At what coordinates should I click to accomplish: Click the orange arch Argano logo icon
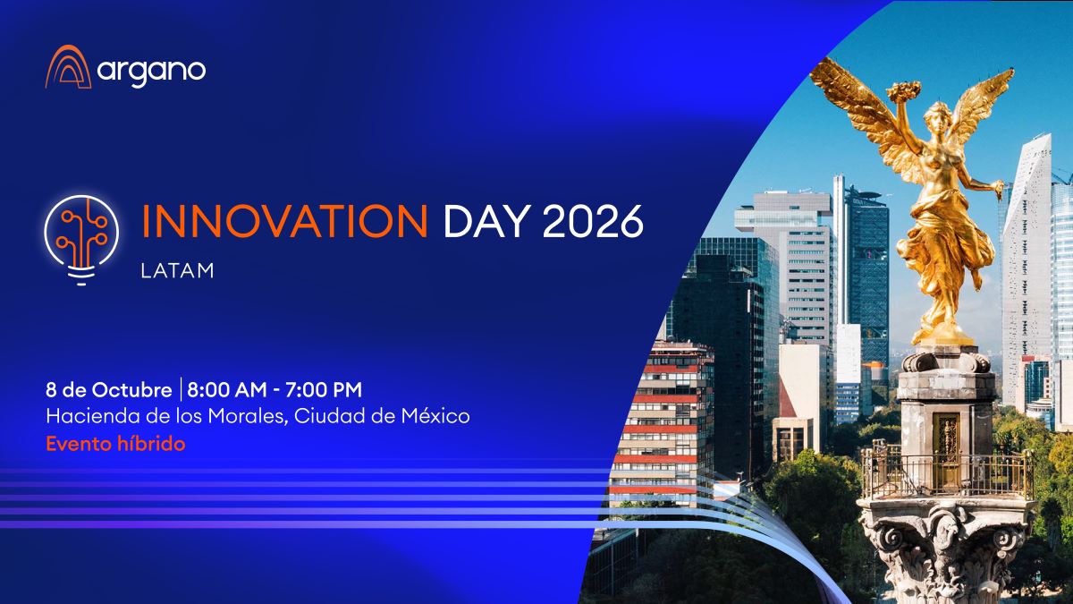[x=69, y=67]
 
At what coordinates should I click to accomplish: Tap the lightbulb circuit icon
[x=81, y=240]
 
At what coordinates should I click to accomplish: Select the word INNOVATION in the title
[x=284, y=221]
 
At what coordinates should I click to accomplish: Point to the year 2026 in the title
[x=593, y=221]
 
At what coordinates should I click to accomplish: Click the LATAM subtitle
[x=177, y=271]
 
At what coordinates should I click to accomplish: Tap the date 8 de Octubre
[x=109, y=390]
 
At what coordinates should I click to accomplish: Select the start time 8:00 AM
[x=226, y=390]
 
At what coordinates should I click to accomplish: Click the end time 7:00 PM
[x=324, y=390]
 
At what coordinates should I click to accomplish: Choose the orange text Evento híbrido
[x=115, y=444]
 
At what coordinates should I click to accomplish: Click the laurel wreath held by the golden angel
[x=903, y=91]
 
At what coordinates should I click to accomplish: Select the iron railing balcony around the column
[x=946, y=472]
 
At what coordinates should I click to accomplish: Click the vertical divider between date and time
[x=181, y=389]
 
